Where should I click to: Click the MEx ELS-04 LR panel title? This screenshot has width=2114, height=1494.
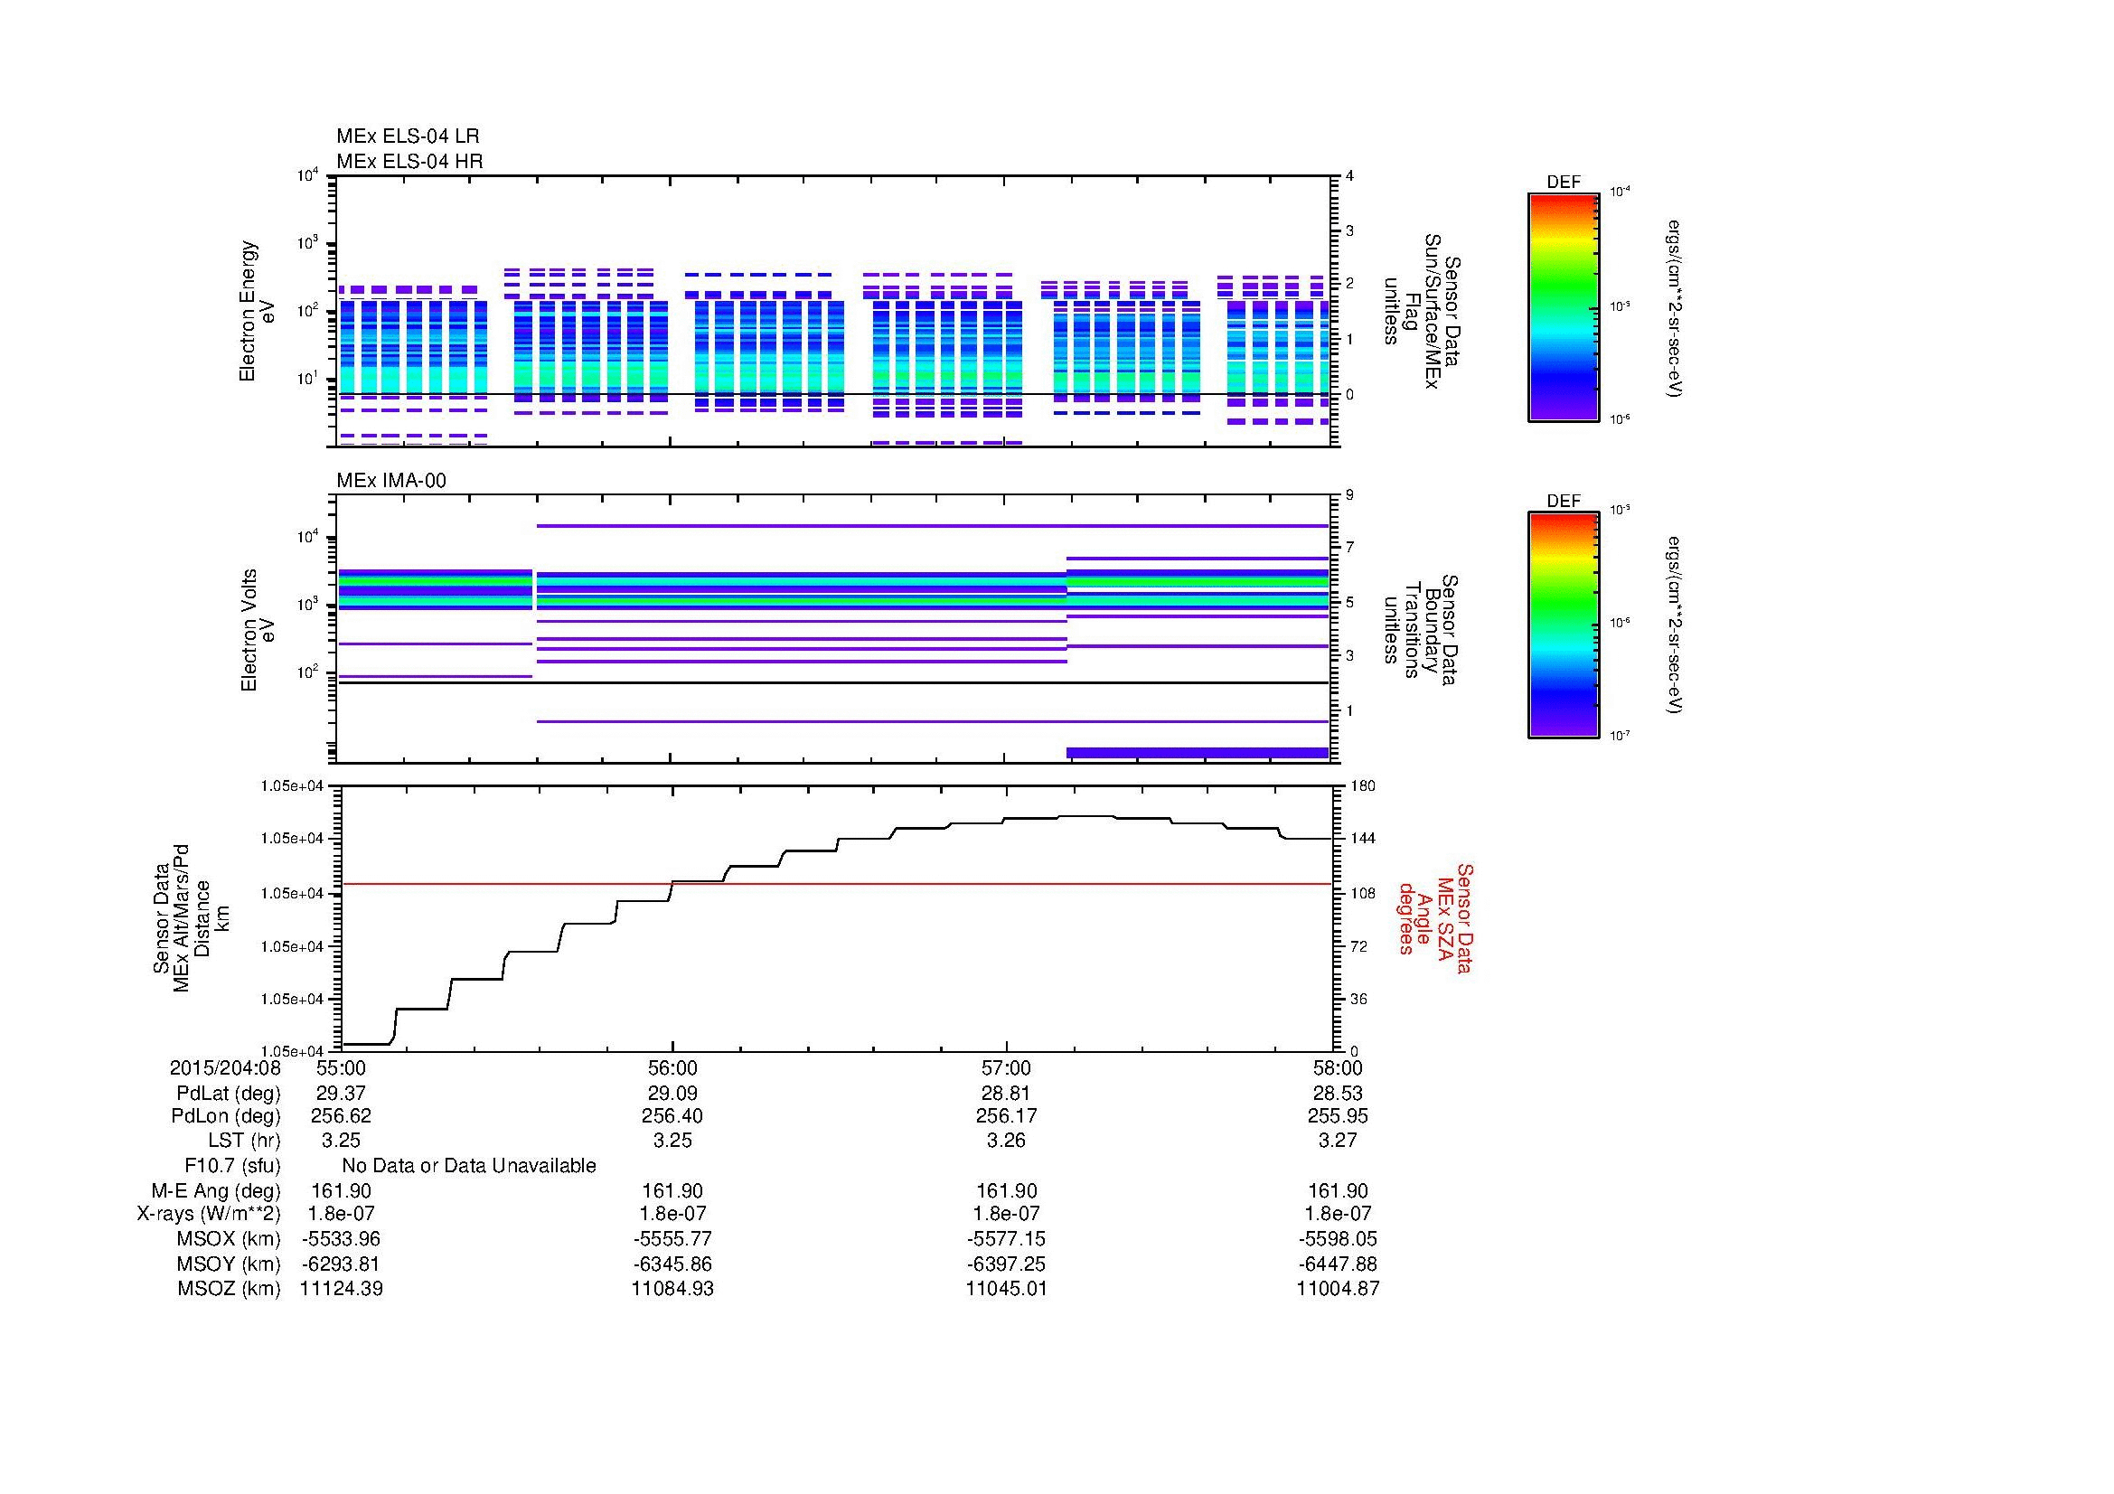click(x=407, y=136)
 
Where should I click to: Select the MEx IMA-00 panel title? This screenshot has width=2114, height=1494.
click(x=390, y=481)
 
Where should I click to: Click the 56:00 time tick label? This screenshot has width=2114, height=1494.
click(x=672, y=1067)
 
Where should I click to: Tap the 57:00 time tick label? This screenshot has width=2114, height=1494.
click(x=1005, y=1067)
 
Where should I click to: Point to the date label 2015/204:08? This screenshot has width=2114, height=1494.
click(x=225, y=1067)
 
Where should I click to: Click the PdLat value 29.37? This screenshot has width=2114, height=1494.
click(x=341, y=1094)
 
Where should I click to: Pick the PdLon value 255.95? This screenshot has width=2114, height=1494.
click(x=1338, y=1115)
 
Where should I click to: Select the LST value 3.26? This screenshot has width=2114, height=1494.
click(x=1005, y=1141)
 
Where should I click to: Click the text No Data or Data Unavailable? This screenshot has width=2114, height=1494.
click(x=469, y=1166)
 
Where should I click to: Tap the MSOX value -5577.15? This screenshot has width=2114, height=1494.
click(x=1005, y=1239)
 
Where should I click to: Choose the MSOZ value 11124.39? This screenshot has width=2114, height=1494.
click(x=341, y=1289)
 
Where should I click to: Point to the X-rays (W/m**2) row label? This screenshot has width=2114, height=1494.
click(x=208, y=1214)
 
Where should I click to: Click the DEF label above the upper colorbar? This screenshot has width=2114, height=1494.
click(x=1563, y=183)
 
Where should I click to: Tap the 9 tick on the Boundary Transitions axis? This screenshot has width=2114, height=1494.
click(x=1349, y=495)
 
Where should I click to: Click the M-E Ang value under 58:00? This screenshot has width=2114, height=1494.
click(x=1338, y=1190)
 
